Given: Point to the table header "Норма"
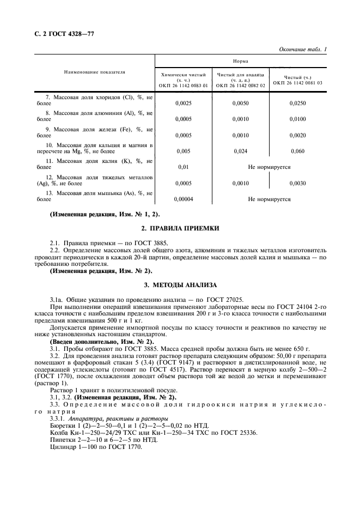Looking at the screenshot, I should click(x=241, y=62).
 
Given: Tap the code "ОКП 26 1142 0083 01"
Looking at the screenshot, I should click(x=183, y=85).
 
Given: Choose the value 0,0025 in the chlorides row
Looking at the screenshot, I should click(x=182, y=102).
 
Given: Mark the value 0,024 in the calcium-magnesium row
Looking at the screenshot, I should click(x=240, y=151).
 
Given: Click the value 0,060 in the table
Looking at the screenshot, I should click(x=297, y=151).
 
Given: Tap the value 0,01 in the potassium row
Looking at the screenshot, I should click(x=182, y=167).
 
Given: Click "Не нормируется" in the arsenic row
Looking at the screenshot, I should click(x=269, y=199).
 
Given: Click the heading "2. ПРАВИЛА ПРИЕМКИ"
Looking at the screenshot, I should click(x=180, y=229).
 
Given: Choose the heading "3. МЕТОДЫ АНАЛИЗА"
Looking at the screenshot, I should click(x=180, y=285).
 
